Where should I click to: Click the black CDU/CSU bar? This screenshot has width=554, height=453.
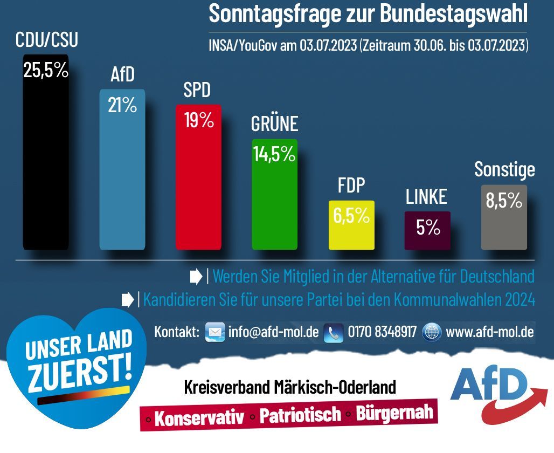coord(46,162)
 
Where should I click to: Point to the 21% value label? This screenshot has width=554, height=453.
coord(122,105)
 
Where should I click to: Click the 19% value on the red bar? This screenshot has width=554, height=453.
coord(199,120)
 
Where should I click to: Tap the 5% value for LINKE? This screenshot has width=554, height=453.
coord(428,228)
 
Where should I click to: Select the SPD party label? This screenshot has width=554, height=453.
coord(197,90)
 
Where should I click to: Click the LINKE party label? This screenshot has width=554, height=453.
coord(426,197)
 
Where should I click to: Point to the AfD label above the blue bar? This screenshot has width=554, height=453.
coord(122,75)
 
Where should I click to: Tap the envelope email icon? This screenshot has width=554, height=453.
coord(215,332)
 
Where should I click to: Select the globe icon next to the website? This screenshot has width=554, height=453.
coord(432,332)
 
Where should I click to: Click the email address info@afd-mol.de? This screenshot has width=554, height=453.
coord(273,332)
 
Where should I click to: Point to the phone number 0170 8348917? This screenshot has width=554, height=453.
coord(382,332)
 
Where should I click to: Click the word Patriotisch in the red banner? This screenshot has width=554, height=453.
coord(300,414)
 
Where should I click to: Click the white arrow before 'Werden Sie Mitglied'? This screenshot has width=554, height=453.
coord(196,277)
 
